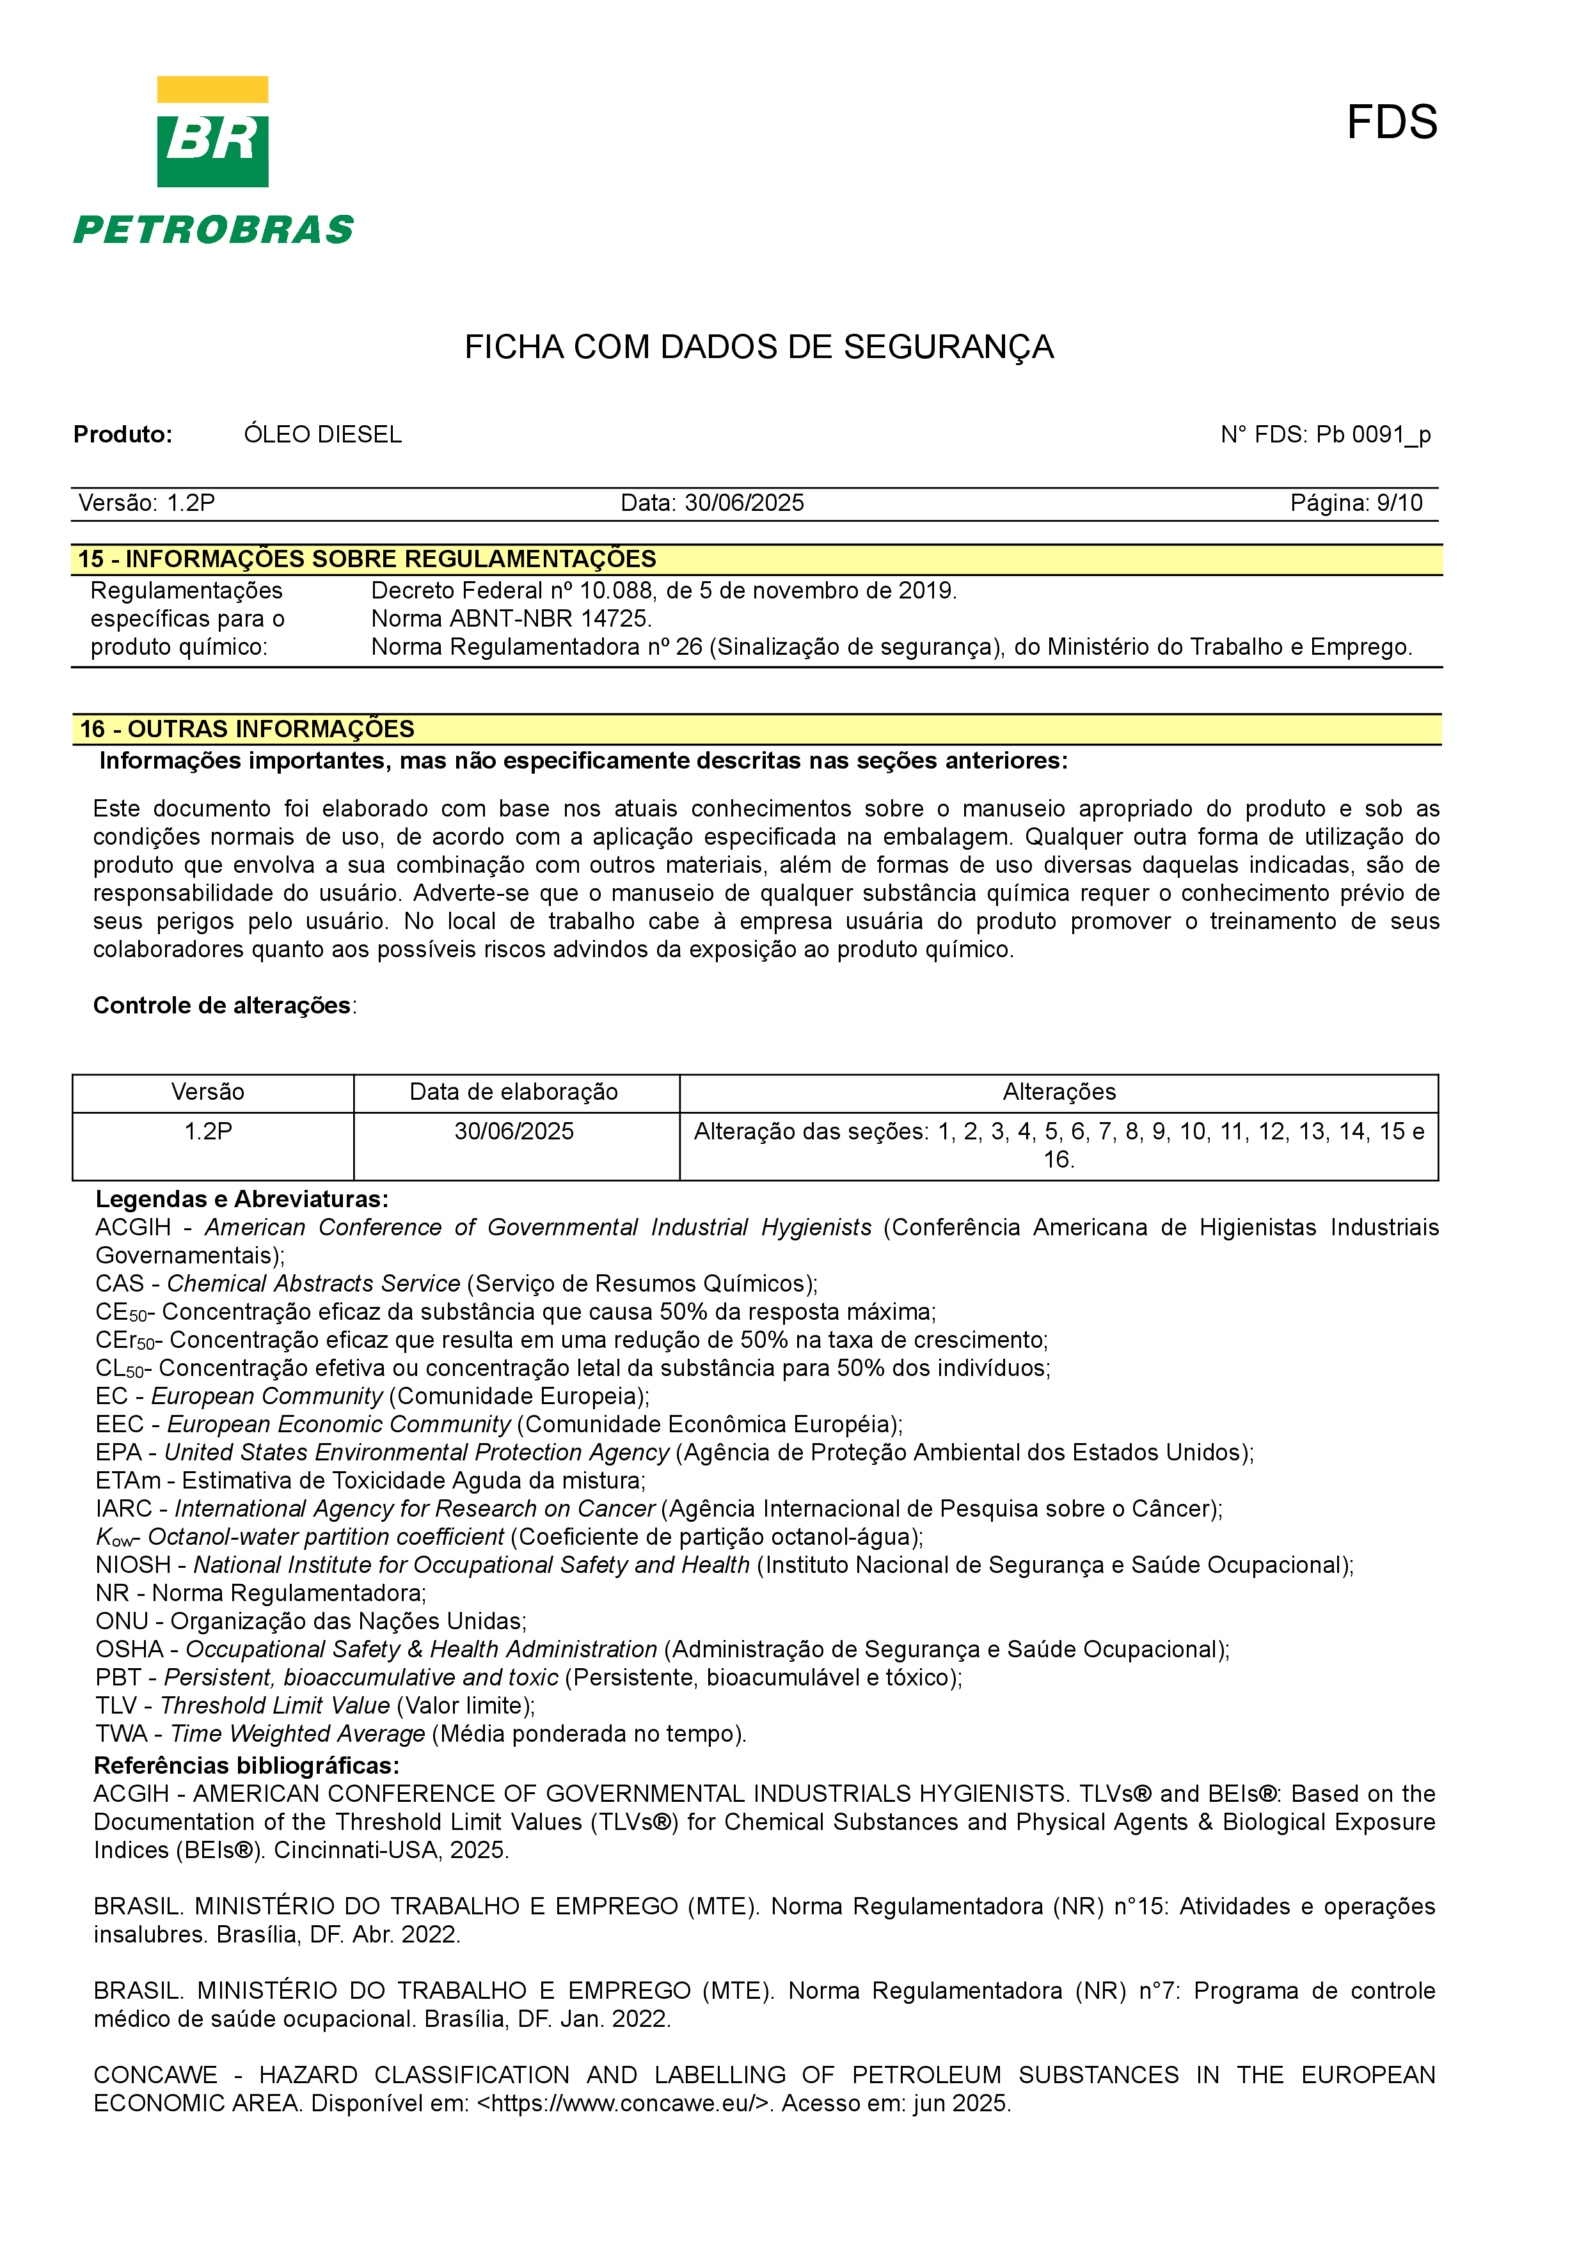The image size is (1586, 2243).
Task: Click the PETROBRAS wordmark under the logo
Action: click(213, 231)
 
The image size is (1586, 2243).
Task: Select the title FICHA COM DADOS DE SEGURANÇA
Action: click(758, 347)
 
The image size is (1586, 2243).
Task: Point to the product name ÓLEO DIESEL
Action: click(322, 435)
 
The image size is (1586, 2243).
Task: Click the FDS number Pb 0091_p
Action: click(1373, 435)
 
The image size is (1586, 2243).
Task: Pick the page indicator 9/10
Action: click(1399, 503)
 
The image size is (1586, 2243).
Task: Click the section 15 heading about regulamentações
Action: click(367, 559)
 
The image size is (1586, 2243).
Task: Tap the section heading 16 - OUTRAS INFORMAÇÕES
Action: click(247, 729)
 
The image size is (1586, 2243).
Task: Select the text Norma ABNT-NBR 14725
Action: click(511, 618)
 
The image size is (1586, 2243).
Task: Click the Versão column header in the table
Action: click(207, 1092)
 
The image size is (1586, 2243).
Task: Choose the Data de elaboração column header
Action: click(513, 1092)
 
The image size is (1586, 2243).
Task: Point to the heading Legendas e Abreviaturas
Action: click(241, 1199)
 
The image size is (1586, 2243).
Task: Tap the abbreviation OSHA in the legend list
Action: click(129, 1649)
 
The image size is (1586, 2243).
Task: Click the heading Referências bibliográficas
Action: click(246, 1765)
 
